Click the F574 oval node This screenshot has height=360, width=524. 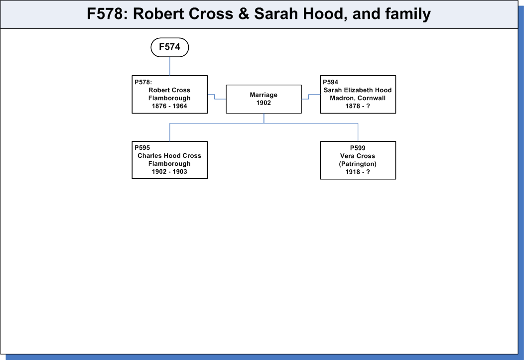point(170,47)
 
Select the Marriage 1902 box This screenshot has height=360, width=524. point(263,99)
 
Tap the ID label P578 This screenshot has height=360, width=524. point(143,82)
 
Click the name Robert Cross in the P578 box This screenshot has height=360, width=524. point(169,90)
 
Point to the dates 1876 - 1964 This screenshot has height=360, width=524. point(169,106)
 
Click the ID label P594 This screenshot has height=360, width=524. point(331,82)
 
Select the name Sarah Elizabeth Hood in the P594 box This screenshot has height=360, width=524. point(358,90)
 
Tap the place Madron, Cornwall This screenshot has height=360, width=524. point(358,98)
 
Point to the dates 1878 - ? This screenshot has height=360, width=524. point(358,106)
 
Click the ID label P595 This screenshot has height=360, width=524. point(142,148)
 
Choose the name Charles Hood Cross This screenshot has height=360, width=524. point(169,156)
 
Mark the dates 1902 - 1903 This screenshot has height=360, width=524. point(169,172)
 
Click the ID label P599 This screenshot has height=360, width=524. point(358,148)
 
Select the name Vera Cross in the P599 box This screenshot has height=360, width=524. point(358,156)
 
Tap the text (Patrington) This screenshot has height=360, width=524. point(358,164)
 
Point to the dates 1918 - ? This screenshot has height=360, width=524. point(358,172)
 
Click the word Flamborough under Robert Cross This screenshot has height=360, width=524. point(169,98)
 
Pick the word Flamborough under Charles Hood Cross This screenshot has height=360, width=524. point(169,164)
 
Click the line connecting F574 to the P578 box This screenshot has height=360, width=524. point(170,66)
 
